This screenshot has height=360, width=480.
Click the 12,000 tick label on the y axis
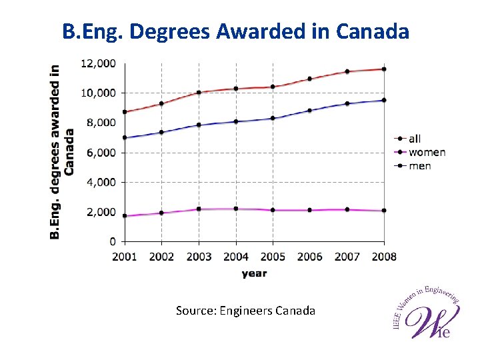tap(98, 63)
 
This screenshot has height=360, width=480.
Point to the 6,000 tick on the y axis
tap(100, 152)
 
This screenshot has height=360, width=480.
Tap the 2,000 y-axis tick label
tap(100, 212)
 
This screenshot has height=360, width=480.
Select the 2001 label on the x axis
tap(125, 257)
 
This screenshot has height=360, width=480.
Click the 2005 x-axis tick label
tap(273, 257)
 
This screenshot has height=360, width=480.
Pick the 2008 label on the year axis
tap(384, 257)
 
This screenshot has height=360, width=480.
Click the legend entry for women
tap(427, 152)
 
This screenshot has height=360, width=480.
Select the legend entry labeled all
tap(415, 139)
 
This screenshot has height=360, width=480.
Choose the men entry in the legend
tap(419, 165)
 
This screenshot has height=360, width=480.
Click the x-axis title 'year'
tap(254, 273)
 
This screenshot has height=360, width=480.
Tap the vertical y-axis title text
tap(63, 151)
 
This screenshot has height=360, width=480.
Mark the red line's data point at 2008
tap(384, 69)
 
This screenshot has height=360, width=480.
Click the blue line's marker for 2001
tap(125, 137)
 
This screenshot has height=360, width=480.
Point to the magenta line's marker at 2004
tap(236, 209)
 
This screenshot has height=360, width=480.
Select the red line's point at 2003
tap(199, 92)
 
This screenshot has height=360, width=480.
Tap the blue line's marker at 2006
tap(309, 111)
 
